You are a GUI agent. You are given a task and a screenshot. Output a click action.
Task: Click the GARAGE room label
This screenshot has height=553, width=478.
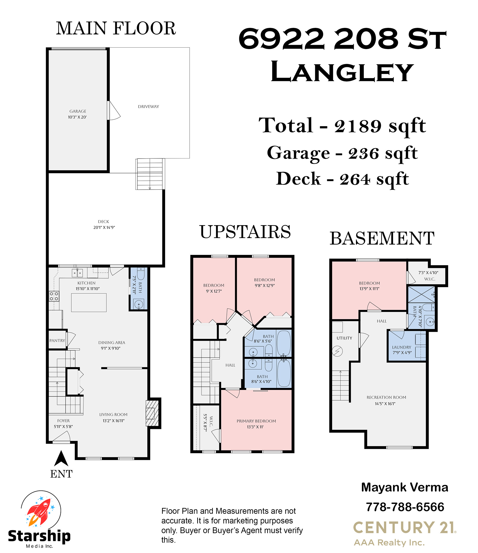[78, 111]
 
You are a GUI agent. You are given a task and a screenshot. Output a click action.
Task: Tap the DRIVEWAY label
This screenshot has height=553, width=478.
[148, 107]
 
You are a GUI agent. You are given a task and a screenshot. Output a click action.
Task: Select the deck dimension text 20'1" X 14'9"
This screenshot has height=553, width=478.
[104, 227]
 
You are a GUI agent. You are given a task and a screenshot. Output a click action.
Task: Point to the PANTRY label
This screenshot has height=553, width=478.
[57, 341]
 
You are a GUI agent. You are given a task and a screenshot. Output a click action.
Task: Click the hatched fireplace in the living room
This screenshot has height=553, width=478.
[152, 413]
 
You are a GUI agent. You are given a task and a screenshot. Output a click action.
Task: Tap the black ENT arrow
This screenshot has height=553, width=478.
[61, 458]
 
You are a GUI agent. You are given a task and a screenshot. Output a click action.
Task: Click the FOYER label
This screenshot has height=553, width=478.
[63, 421]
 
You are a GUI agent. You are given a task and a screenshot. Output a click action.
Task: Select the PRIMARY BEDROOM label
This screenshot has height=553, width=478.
[256, 421]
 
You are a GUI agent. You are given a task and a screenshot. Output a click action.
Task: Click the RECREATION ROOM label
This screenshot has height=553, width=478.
[386, 397]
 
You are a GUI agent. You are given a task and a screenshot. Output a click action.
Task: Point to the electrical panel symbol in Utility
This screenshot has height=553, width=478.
[337, 351]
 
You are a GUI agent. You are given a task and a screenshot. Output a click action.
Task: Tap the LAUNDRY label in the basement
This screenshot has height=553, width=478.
[401, 347]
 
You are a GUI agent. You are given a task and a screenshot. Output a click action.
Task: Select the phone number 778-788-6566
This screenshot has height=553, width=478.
[405, 507]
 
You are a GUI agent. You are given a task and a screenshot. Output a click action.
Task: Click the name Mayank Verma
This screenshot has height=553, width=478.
[405, 487]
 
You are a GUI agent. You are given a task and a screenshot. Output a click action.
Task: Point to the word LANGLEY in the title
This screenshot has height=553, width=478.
[342, 72]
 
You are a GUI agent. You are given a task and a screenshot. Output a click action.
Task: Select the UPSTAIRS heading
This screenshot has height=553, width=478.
[245, 232]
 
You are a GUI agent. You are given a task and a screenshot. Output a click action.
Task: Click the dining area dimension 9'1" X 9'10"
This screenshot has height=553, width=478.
[111, 348]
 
